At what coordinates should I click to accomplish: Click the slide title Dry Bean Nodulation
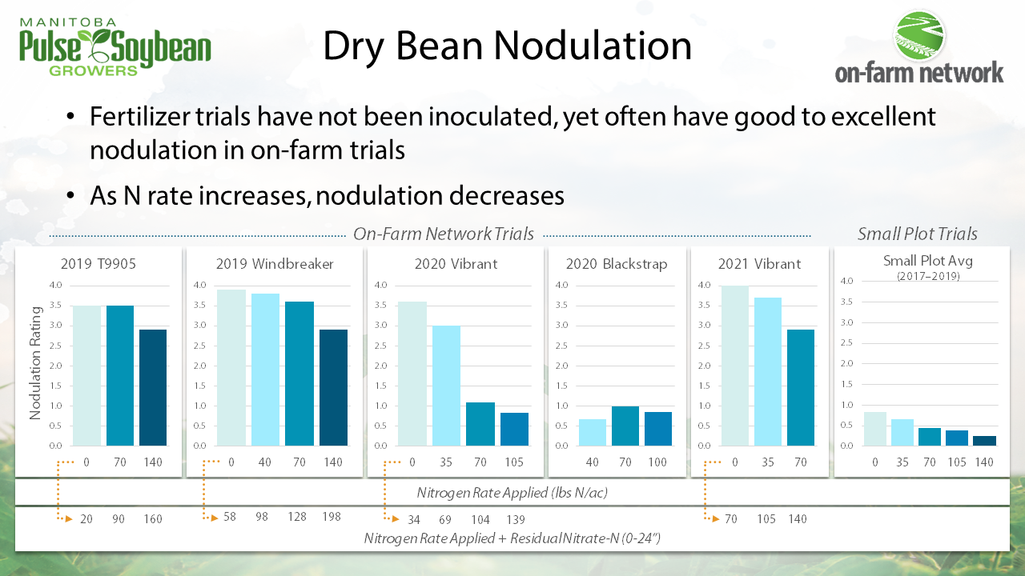[507, 46]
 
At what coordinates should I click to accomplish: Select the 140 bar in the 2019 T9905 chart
[153, 387]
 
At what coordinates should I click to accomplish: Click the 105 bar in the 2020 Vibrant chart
[515, 429]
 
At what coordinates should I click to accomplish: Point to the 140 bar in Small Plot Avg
[985, 441]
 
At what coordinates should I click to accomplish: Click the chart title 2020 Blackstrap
[616, 264]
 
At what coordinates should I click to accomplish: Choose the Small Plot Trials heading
[917, 234]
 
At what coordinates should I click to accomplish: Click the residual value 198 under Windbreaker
[332, 518]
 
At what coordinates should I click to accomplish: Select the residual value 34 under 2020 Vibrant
[414, 518]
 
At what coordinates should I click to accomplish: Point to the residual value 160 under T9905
[152, 518]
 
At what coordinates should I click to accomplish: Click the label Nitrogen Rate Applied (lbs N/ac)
[512, 492]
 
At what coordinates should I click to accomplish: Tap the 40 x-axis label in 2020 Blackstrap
[593, 462]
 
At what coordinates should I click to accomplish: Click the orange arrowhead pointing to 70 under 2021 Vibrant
[717, 518]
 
